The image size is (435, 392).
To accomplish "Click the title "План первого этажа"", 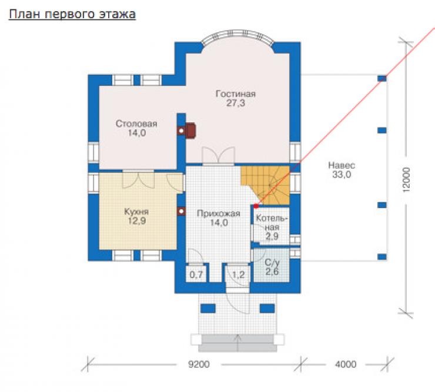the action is pyautogui.click(x=72, y=14).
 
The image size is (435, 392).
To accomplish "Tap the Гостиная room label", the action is pyautogui.click(x=236, y=98).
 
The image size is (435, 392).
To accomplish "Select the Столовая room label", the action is pyautogui.click(x=136, y=128).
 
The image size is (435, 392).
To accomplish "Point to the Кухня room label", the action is pyautogui.click(x=136, y=216).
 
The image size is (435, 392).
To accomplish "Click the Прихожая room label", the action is pyautogui.click(x=219, y=218).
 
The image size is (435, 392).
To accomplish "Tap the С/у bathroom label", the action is pyautogui.click(x=272, y=267).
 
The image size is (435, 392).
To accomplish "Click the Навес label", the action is pyautogui.click(x=342, y=170).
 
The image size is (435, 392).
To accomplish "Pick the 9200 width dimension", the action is pyautogui.click(x=199, y=364).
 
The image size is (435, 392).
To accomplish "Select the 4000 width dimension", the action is pyautogui.click(x=346, y=364).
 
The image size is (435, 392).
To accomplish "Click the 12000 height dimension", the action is pyautogui.click(x=406, y=179).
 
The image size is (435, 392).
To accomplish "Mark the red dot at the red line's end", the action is pyautogui.click(x=256, y=206).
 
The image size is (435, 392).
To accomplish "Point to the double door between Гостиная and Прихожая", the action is pyautogui.click(x=218, y=156).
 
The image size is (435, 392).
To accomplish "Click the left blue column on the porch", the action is pyautogui.click(x=208, y=308).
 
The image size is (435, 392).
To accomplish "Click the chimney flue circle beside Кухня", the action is pyautogui.click(x=181, y=212).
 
